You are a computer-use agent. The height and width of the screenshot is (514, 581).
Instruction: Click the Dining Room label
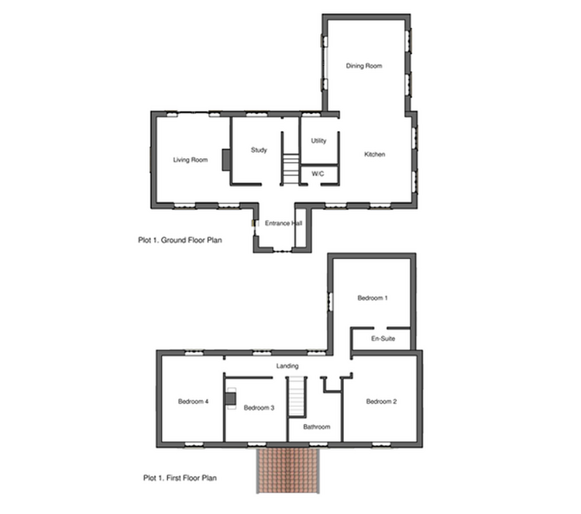[364, 66]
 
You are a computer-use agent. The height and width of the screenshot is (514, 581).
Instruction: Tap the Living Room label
[191, 160]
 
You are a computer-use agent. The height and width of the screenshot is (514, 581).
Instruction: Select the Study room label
[259, 150]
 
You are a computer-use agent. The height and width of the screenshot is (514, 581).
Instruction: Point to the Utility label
[318, 141]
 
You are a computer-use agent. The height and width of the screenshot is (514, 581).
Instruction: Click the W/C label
[318, 174]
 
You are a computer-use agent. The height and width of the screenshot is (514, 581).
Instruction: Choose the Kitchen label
[375, 154]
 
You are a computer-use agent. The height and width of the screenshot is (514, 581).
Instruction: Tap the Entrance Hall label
[284, 223]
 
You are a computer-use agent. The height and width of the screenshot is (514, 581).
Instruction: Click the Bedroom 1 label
[373, 298]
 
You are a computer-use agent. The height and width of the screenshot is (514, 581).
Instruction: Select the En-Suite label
[383, 339]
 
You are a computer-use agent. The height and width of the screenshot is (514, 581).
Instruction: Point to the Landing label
[287, 366]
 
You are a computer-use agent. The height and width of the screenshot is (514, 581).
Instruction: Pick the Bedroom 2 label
[381, 402]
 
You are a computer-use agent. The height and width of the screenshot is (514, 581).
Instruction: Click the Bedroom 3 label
[259, 408]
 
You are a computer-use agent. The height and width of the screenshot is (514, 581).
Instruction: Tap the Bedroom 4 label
[193, 402]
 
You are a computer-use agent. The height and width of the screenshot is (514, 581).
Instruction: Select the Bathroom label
[316, 427]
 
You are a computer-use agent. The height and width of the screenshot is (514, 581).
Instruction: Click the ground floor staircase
[290, 169]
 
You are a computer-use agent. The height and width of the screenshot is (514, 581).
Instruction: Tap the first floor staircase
[297, 396]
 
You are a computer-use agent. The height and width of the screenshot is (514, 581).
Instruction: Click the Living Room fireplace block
[226, 160]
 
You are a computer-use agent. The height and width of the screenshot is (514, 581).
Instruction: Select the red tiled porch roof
[288, 471]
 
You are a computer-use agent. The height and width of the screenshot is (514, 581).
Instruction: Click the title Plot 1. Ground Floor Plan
[180, 240]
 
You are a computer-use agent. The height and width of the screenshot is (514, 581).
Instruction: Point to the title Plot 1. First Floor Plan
[180, 478]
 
